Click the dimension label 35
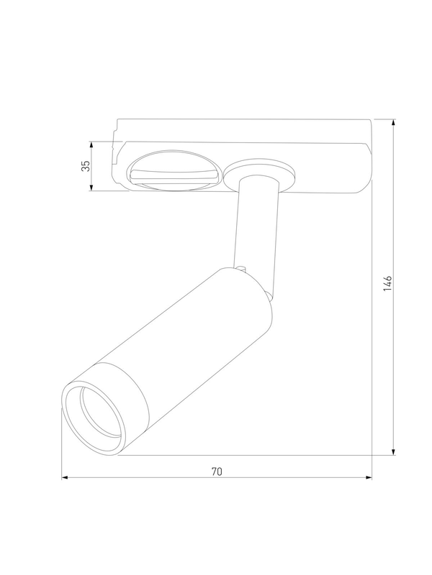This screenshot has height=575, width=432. (x=86, y=166)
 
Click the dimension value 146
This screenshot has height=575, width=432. (x=388, y=284)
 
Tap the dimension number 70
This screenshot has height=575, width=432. (x=217, y=471)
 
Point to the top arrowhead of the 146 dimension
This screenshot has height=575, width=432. (x=393, y=123)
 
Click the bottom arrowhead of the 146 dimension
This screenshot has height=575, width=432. (x=393, y=451)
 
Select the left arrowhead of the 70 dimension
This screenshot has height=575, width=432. (x=65, y=477)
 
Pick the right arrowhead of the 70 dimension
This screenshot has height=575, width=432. (x=369, y=477)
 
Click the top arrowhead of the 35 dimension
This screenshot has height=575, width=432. (x=91, y=145)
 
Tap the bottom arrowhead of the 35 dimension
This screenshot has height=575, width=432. (x=91, y=187)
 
